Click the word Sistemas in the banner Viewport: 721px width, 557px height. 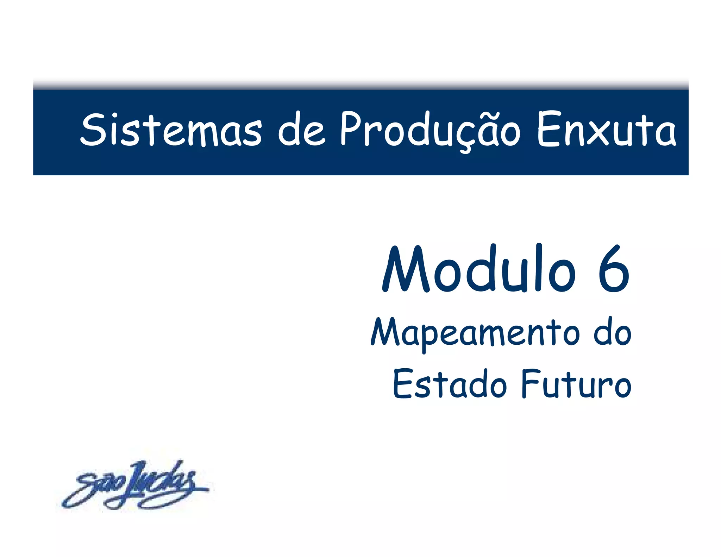[171, 130]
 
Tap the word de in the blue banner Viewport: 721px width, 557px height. [301, 130]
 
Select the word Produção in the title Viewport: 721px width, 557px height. [430, 130]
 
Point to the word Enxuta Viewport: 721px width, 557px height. [606, 130]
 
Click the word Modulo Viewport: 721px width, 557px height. [479, 269]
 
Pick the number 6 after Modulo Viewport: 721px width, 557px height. [614, 269]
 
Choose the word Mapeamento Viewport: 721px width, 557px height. [475, 333]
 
